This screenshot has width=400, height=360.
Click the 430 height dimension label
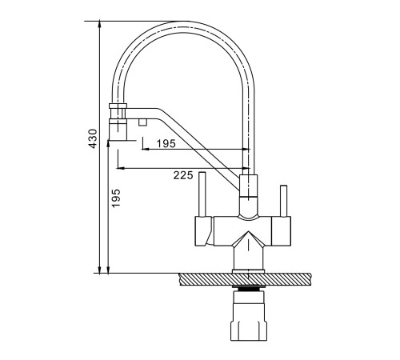coord(93,138)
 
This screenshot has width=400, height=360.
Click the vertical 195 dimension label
coord(116,198)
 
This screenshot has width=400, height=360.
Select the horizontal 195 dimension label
coord(166,144)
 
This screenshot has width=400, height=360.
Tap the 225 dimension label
coord(183,175)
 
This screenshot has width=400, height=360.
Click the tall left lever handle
coord(202,194)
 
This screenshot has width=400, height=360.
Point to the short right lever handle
coord(283,201)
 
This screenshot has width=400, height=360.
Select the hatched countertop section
coord(245,279)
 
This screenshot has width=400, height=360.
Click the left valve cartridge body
coord(204,231)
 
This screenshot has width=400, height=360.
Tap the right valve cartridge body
coord(281,231)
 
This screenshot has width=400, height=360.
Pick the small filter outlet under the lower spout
coord(142,122)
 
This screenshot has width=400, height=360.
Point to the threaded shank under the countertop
coord(249,288)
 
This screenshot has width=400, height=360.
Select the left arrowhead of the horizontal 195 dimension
coord(145,150)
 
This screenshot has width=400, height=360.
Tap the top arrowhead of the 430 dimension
coord(99,24)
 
